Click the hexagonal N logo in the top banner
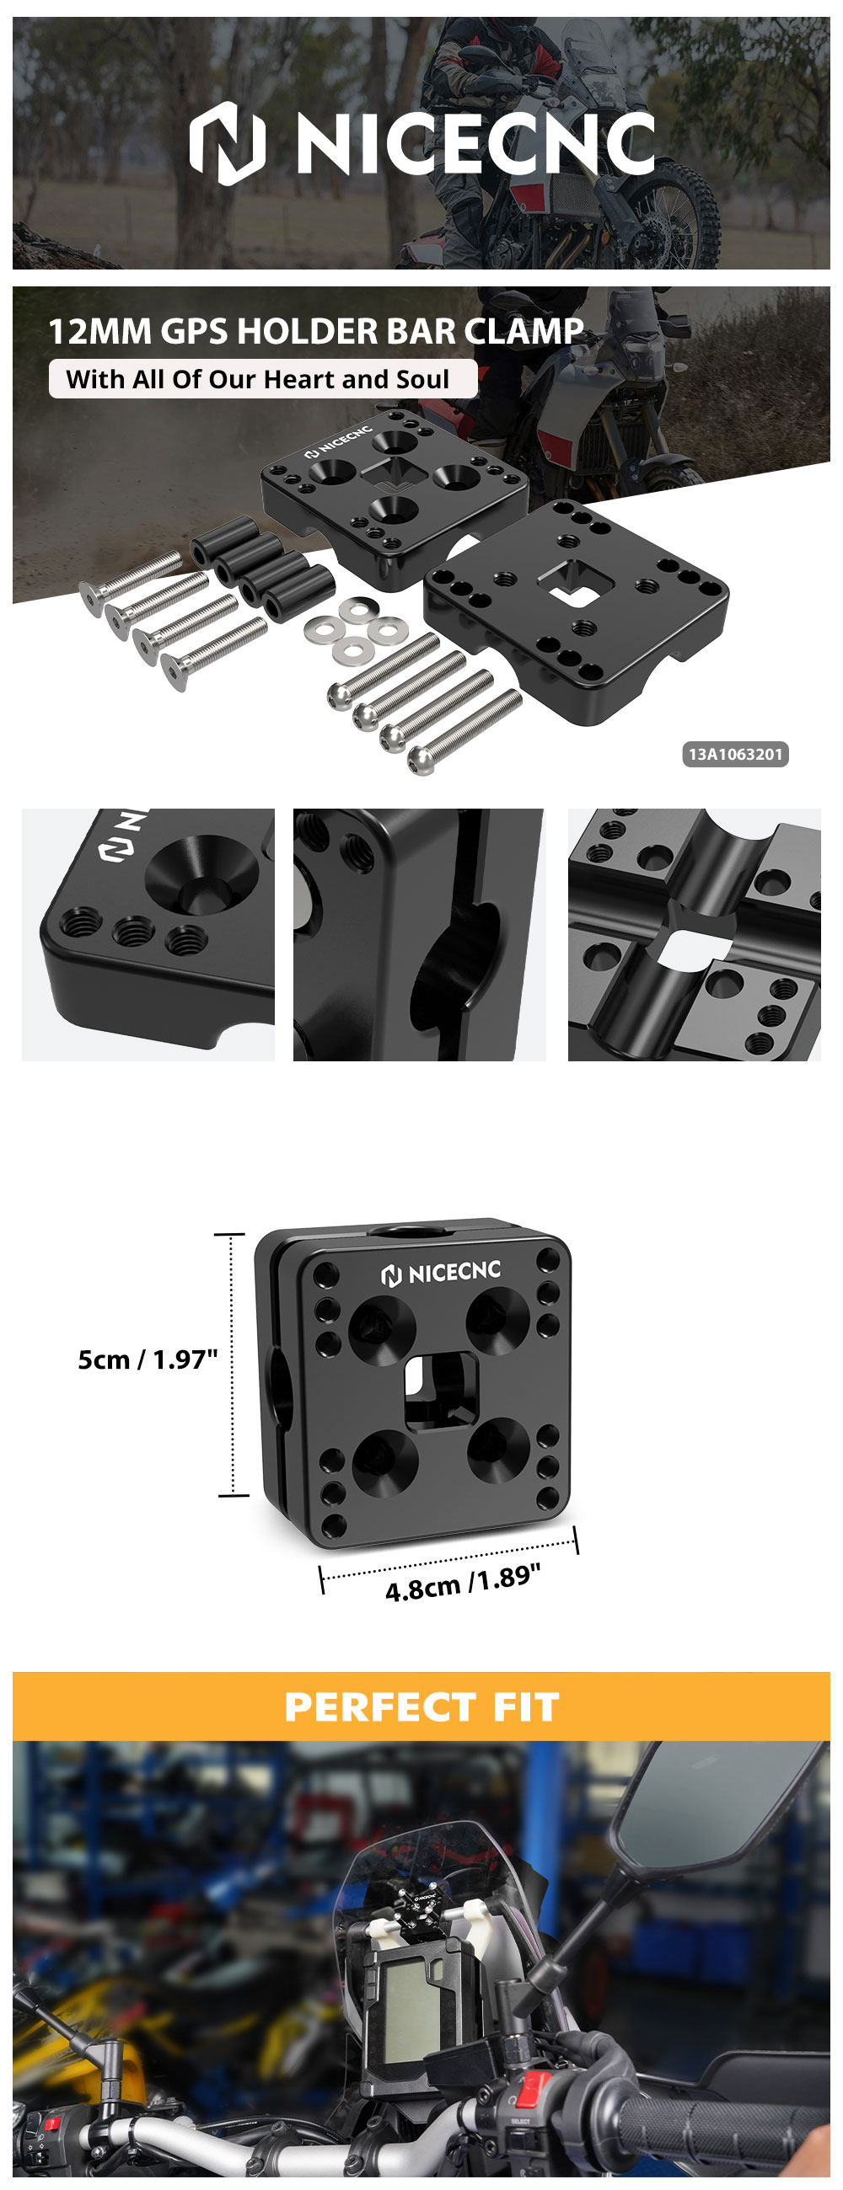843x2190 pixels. point(227,143)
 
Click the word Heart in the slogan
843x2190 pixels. point(302,379)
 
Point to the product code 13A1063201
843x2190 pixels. point(735,754)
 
